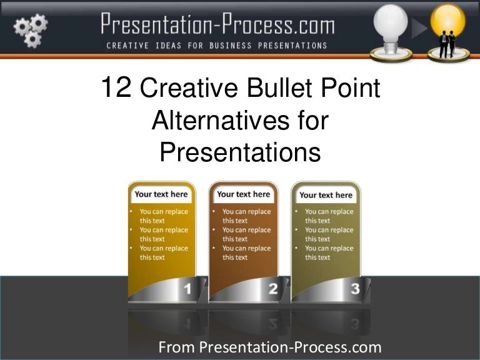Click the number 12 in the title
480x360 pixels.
116,88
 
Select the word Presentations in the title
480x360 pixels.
240,152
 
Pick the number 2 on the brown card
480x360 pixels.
273,289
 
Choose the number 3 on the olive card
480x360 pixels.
355,289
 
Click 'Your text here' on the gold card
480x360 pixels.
161,194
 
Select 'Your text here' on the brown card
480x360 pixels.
244,194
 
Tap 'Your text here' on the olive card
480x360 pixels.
326,195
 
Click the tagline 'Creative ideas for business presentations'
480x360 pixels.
217,45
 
